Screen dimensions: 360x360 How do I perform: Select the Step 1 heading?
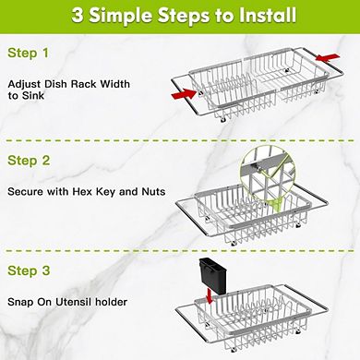30,56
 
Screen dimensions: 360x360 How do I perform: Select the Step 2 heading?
30,159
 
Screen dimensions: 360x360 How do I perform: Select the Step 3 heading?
30,271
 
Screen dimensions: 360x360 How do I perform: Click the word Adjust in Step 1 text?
24,83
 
